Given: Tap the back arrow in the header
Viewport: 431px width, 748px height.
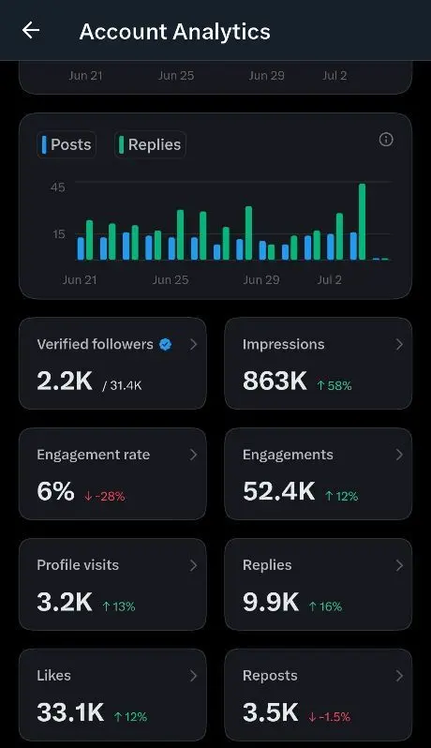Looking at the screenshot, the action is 31,31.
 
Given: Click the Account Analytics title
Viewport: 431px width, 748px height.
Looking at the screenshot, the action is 175,32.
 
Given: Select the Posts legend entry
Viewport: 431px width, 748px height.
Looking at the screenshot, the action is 67,144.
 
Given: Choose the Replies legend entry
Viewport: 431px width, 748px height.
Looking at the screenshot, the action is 150,144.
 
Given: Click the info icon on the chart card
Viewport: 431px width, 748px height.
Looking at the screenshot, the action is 386,140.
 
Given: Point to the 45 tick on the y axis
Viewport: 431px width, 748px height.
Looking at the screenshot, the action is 58,187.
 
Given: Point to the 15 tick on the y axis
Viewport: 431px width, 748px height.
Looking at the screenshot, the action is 58,234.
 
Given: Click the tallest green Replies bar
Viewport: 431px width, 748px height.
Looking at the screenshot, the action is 362,222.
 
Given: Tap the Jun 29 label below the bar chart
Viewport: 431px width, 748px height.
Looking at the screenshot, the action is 260,280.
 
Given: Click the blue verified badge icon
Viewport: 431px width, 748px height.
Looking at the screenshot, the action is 166,344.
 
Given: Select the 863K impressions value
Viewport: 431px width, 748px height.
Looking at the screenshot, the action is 275,381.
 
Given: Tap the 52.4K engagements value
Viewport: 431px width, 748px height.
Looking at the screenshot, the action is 279,491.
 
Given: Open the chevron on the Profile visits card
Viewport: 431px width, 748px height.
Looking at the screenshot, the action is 193,565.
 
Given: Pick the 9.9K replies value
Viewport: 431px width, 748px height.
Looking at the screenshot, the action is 271,602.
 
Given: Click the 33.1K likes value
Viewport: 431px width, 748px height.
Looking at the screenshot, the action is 70,712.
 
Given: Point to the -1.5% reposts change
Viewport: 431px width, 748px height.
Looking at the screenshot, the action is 330,716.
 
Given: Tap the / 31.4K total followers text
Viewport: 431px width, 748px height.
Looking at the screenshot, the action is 122,385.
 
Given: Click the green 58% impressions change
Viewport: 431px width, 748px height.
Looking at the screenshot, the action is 334,385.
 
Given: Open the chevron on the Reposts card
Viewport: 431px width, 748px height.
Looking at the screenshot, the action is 399,676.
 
